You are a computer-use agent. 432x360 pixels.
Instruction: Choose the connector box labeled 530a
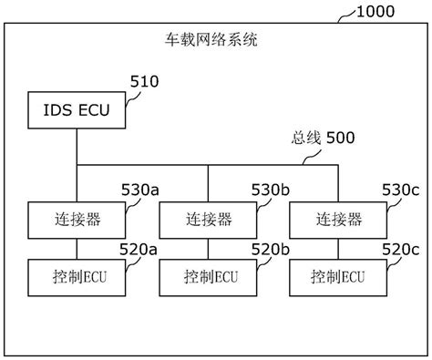[x=77, y=220]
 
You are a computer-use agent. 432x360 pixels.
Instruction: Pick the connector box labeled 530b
[x=208, y=220]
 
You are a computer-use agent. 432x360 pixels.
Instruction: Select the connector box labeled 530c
[x=337, y=220]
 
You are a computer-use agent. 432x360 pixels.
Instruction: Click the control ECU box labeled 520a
[x=77, y=275]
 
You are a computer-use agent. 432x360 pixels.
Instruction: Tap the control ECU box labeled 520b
[x=208, y=275]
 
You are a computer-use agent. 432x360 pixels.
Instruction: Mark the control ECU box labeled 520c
[x=337, y=275]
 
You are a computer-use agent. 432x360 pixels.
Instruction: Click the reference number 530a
[x=140, y=190]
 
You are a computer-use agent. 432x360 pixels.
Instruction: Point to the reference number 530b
[x=271, y=190]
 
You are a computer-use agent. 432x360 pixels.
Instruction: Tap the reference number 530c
[x=400, y=190]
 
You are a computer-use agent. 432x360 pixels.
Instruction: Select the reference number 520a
[x=140, y=248]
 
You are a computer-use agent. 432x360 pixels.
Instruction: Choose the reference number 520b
[x=271, y=248]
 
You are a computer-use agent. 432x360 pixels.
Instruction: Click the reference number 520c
[x=400, y=248]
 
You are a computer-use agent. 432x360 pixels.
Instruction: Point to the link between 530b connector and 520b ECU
[x=208, y=247]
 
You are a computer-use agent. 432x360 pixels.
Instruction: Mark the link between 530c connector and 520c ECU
[x=337, y=247]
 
